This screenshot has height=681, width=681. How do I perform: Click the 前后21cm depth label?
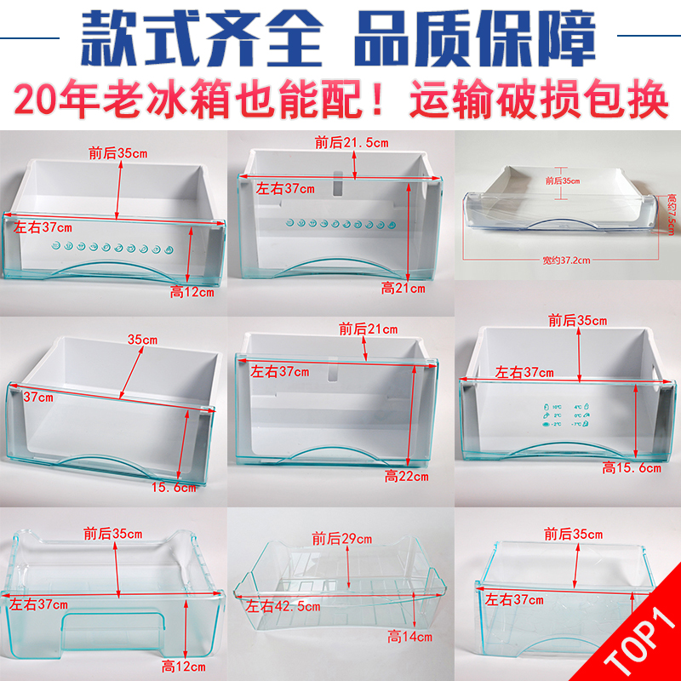point(368,328)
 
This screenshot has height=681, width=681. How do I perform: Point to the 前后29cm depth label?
point(341,538)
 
